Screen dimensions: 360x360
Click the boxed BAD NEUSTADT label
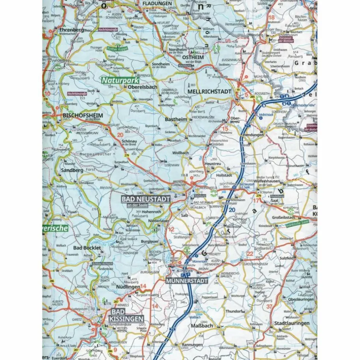tap(146, 199)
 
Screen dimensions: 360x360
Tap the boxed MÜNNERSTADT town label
tap(187, 281)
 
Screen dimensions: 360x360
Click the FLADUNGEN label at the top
tap(157, 3)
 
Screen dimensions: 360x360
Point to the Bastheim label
tap(176, 119)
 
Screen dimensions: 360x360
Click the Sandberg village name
tap(72, 170)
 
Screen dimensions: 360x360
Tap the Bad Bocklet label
tap(87, 248)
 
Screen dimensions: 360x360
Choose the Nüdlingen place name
tap(127, 287)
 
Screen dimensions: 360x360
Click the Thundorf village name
tap(234, 311)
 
